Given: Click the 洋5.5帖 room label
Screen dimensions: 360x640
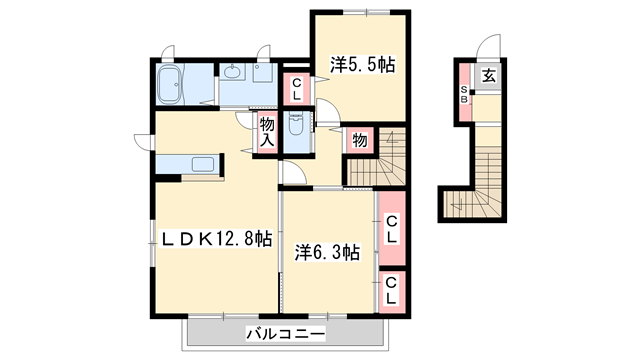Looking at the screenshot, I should (x=362, y=66).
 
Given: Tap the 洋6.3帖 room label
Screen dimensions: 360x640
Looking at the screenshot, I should (x=327, y=253).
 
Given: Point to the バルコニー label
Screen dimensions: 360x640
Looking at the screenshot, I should (x=283, y=332).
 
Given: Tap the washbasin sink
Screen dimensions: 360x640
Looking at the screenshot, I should (x=233, y=73).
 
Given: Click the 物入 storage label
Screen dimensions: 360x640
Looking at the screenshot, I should (x=267, y=132).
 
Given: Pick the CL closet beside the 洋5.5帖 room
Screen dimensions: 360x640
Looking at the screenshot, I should (x=298, y=88).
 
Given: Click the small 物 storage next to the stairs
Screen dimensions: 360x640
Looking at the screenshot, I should (x=359, y=141).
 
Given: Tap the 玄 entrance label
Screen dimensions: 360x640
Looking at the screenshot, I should (x=490, y=74).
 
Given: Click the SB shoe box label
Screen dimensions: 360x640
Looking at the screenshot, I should (x=464, y=95).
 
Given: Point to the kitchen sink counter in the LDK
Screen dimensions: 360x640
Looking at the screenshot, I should (x=190, y=164).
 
